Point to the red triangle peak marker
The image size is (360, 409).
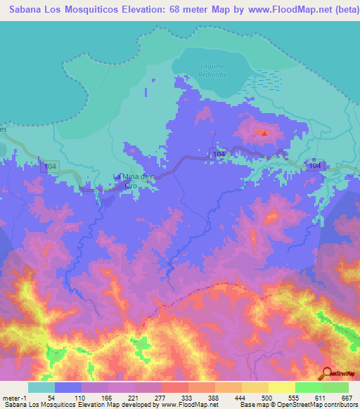[x=264, y=132]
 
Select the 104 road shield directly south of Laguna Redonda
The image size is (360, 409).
[x=219, y=153]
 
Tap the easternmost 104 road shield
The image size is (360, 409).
[x=315, y=165]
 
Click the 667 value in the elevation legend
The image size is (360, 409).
[x=347, y=397]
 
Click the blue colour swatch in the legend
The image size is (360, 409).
[x=68, y=387]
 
